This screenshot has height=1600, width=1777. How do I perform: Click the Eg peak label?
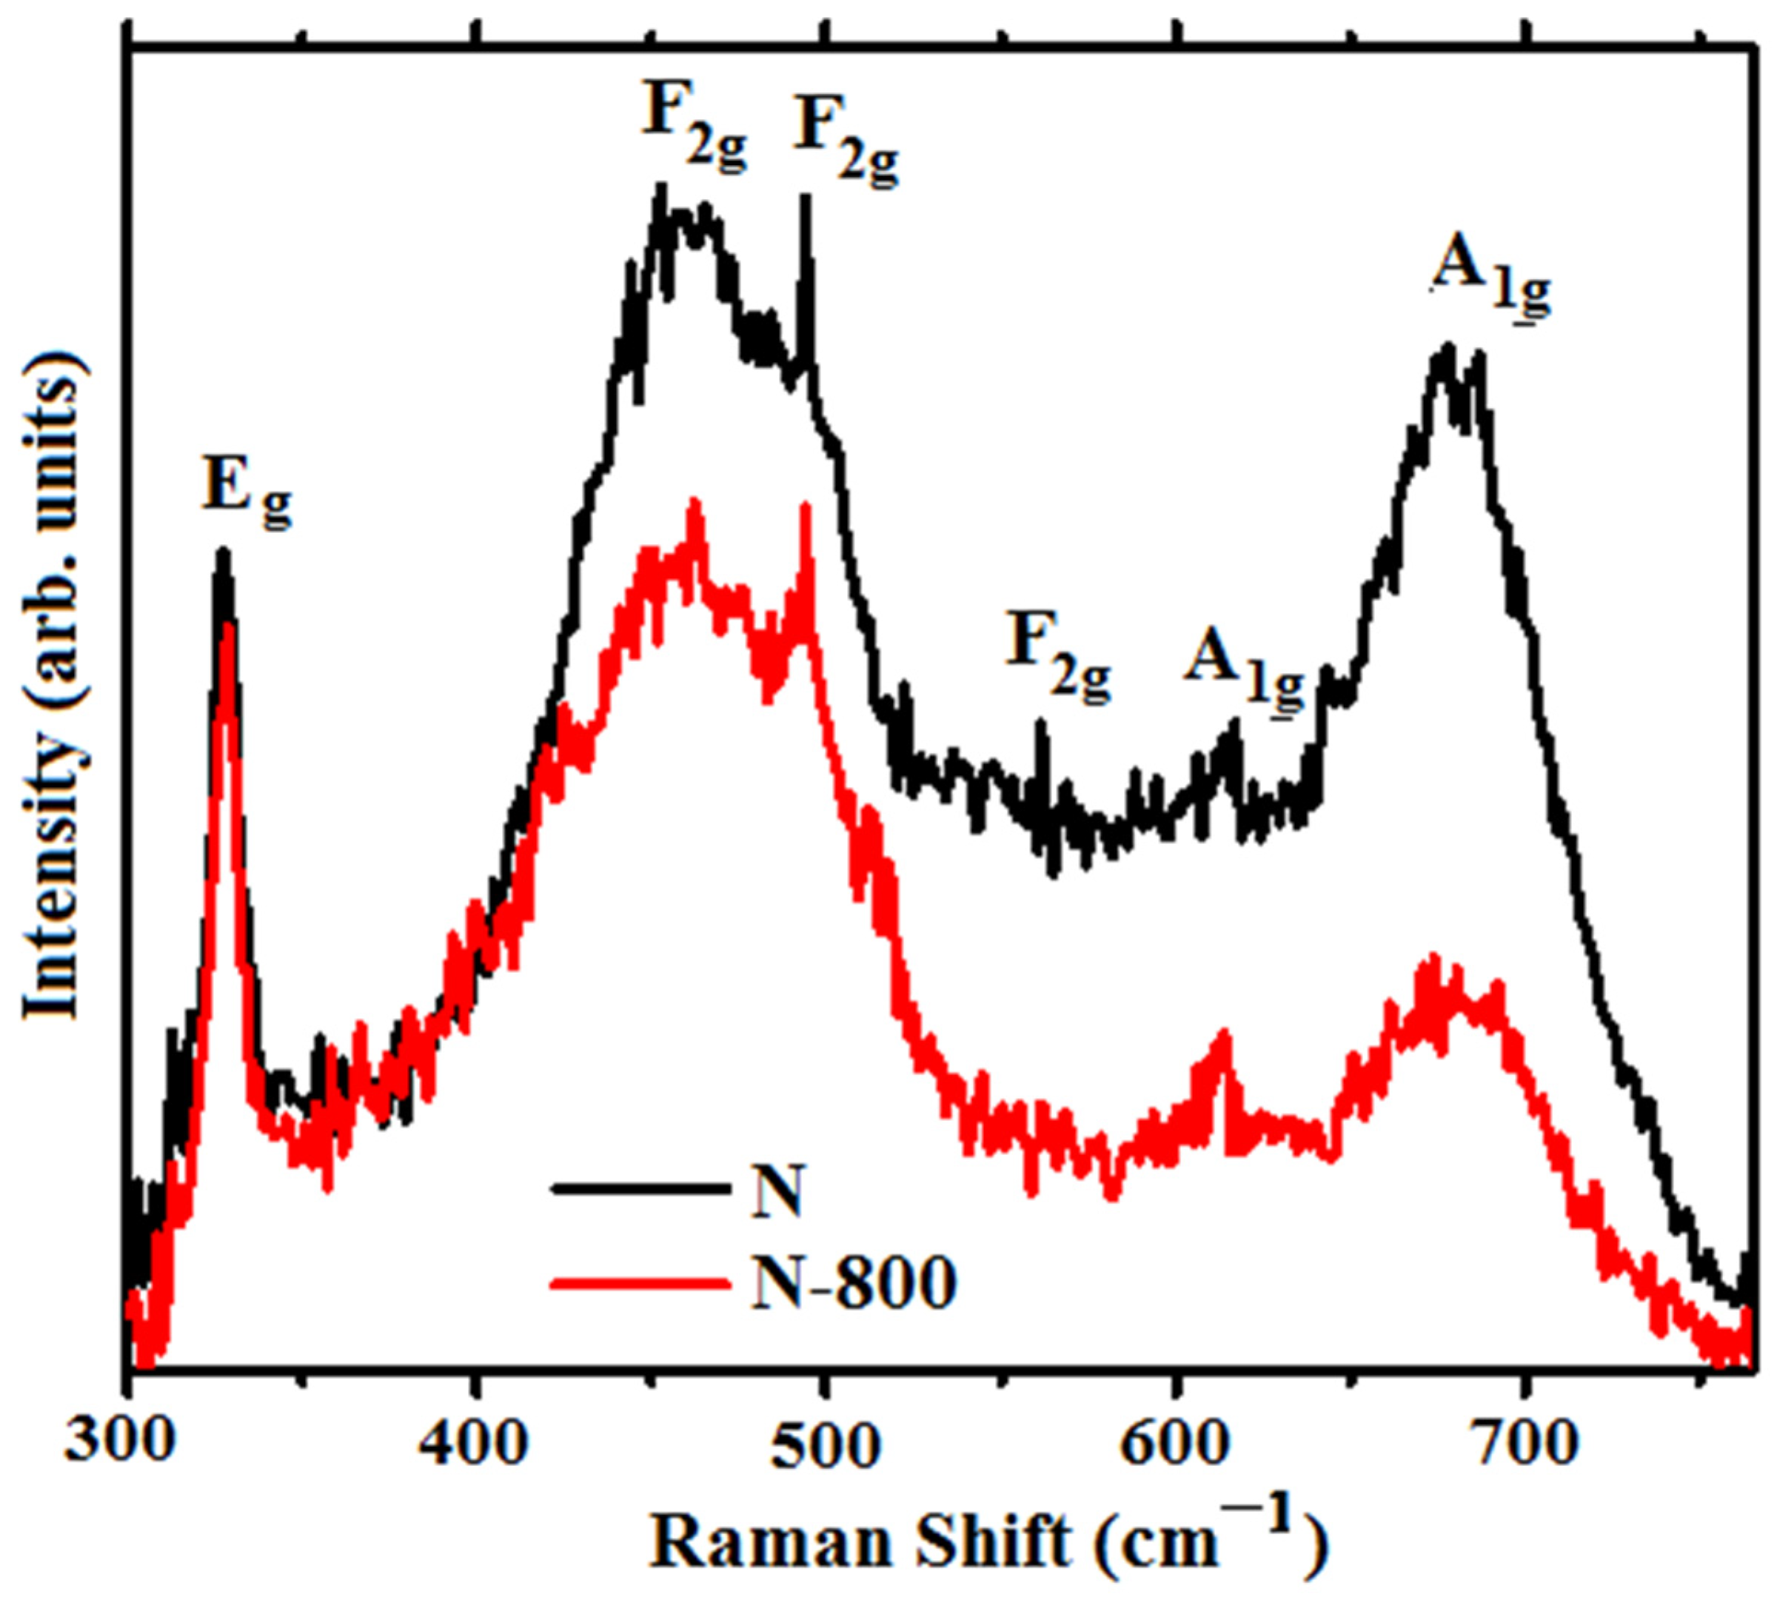click(245, 488)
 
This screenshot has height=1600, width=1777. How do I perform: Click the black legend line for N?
click(641, 1188)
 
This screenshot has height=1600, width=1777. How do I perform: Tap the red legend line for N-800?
click(641, 1284)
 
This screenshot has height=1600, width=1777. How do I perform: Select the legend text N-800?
click(852, 1284)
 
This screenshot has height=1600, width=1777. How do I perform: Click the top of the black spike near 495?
click(805, 198)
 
